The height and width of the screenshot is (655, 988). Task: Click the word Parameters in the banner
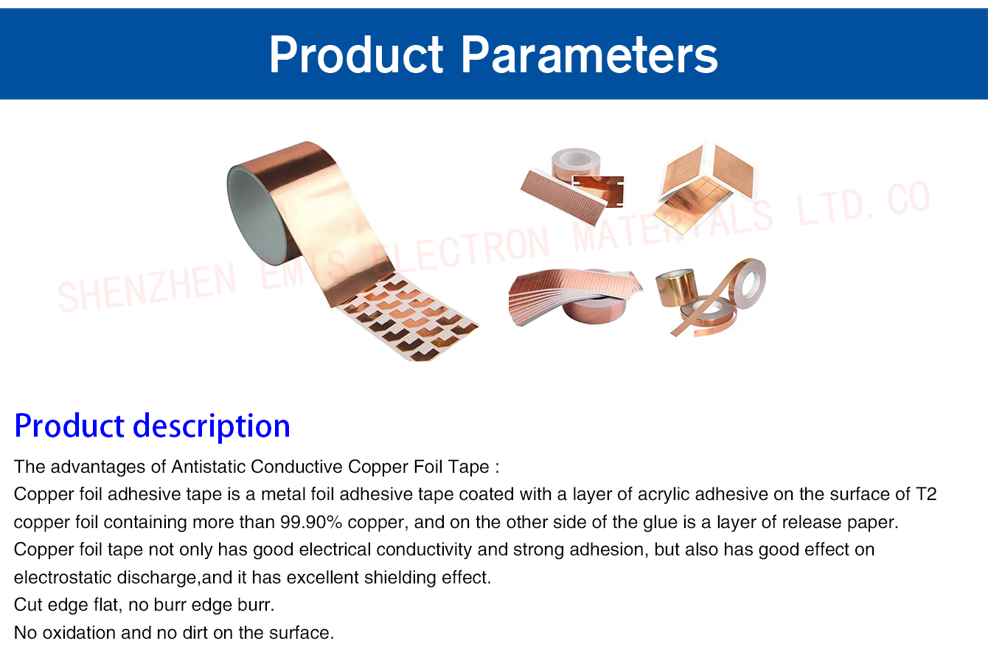pos(589,55)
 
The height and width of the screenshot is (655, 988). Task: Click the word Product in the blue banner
pos(356,55)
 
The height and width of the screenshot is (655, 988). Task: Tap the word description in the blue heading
pos(212,427)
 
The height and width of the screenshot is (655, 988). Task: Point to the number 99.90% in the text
pos(311,522)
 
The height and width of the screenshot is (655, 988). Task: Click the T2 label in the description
pos(926,494)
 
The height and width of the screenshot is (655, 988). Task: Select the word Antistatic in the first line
pos(208,466)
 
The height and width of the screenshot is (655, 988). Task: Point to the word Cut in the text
pos(28,605)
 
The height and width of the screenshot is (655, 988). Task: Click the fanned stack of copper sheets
pos(574,294)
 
